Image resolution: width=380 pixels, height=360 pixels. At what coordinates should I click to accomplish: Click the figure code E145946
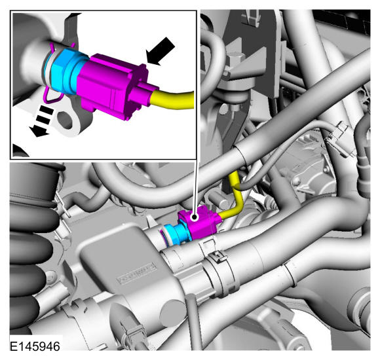point(35,346)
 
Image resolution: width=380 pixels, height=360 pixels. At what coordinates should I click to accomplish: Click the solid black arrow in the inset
point(160,51)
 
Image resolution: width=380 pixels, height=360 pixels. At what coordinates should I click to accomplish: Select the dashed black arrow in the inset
point(42,121)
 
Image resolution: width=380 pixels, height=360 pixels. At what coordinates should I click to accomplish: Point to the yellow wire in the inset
point(173,99)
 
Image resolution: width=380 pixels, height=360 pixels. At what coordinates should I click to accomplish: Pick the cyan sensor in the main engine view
point(177,233)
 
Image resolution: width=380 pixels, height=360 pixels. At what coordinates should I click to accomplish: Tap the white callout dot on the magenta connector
point(194,217)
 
